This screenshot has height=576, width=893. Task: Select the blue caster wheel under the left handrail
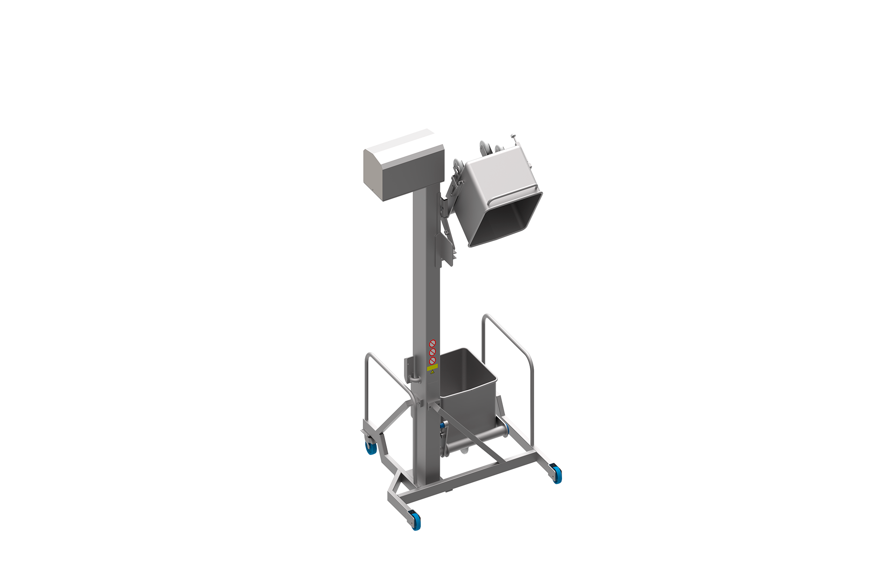point(371,448)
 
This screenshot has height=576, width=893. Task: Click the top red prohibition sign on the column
point(432,343)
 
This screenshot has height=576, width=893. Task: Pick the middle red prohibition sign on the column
point(432,352)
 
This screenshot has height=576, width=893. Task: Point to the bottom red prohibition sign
point(432,360)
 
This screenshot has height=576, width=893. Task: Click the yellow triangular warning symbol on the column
point(433,372)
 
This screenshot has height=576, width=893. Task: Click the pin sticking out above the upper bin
point(513,138)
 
